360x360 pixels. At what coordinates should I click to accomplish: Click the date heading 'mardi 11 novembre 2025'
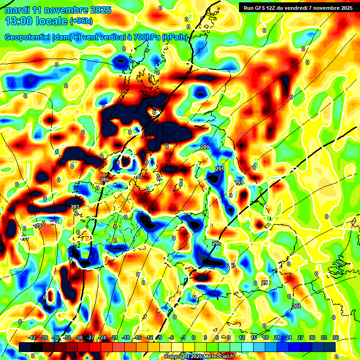pyautogui.click(x=58, y=10)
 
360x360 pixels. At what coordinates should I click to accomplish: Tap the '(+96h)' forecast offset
pyautogui.click(x=81, y=21)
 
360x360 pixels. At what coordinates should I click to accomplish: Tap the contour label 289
pyautogui.click(x=205, y=148)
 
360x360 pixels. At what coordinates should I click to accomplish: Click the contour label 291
pyautogui.click(x=220, y=169)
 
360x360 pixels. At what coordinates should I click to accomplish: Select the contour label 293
pyautogui.click(x=239, y=183)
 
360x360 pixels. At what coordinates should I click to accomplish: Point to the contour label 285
pyautogui.click(x=105, y=180)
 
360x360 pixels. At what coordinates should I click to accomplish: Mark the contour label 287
pyautogui.click(x=138, y=176)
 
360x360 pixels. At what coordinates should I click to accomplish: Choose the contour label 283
pyautogui.click(x=75, y=207)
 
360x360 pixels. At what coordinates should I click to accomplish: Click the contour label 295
pyautogui.click(x=216, y=244)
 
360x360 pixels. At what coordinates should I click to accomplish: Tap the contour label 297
pyautogui.click(x=232, y=266)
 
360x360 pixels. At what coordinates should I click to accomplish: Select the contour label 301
pyautogui.click(x=296, y=306)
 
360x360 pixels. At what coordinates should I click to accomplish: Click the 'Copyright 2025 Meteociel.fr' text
pyautogui.click(x=199, y=357)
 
